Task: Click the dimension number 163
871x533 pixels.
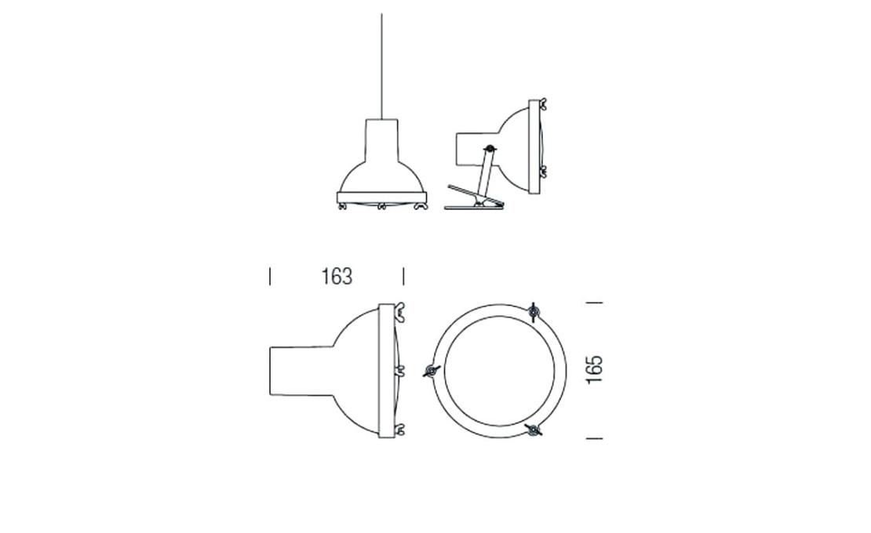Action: click(337, 276)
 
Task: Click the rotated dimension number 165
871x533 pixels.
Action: click(594, 369)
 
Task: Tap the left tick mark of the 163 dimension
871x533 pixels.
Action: click(270, 276)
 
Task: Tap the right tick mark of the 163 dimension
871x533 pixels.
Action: click(403, 276)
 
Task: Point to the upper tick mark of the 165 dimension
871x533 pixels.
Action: click(594, 303)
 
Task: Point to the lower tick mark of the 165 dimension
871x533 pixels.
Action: click(594, 438)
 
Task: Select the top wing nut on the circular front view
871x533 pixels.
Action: click(533, 313)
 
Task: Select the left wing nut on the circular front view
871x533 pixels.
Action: click(431, 371)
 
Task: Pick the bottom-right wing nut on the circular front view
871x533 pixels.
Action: click(534, 430)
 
